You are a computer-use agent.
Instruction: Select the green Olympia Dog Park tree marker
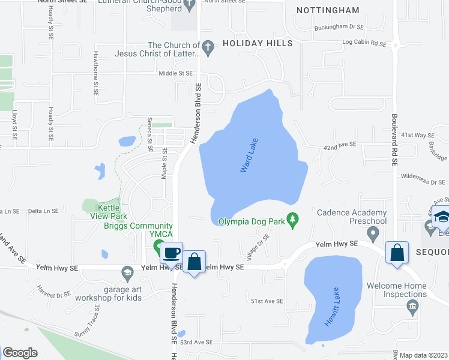293,220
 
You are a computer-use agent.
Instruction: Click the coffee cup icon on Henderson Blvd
172,252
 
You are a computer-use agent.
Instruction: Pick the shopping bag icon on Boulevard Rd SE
397,252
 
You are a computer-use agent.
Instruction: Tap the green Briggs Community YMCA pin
159,246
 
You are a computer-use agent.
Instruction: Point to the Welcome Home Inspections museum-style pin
412,308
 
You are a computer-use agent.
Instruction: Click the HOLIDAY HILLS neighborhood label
258,43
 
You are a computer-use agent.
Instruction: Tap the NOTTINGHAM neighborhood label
328,10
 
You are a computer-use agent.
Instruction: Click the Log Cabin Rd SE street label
364,43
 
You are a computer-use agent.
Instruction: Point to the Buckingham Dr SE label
339,28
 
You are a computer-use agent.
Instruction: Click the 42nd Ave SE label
340,145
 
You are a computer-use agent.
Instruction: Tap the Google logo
20,353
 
